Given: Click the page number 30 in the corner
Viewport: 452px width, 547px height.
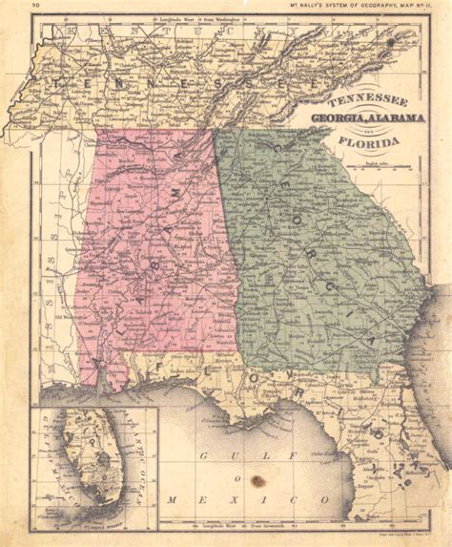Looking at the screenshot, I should pyautogui.click(x=34, y=7).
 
